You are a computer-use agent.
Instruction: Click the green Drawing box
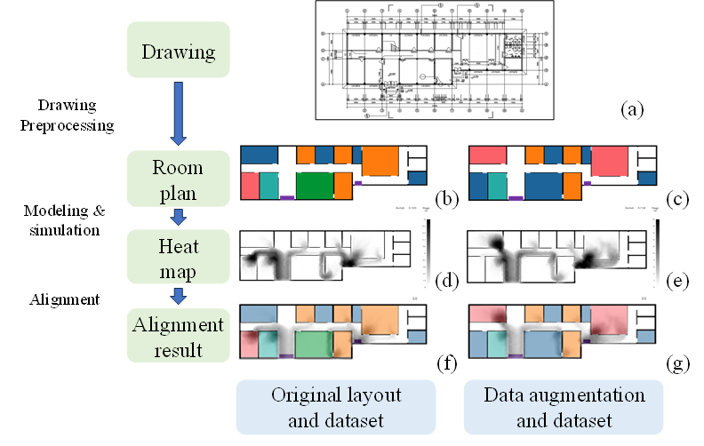click(x=179, y=52)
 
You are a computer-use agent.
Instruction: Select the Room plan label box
click(x=179, y=180)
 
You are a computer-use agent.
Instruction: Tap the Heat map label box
click(x=179, y=257)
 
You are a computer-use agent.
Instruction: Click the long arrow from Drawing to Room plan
click(x=178, y=112)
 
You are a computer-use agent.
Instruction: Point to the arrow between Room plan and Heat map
click(x=178, y=217)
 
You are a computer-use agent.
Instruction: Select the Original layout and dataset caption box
click(x=336, y=407)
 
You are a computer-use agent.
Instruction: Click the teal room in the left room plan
click(x=268, y=186)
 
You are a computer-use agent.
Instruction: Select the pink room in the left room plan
click(x=250, y=186)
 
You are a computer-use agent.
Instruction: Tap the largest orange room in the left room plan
click(x=380, y=161)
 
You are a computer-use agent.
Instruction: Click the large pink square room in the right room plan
click(x=609, y=161)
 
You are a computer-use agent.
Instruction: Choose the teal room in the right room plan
click(x=497, y=186)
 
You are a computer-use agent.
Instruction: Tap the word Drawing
click(x=179, y=52)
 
